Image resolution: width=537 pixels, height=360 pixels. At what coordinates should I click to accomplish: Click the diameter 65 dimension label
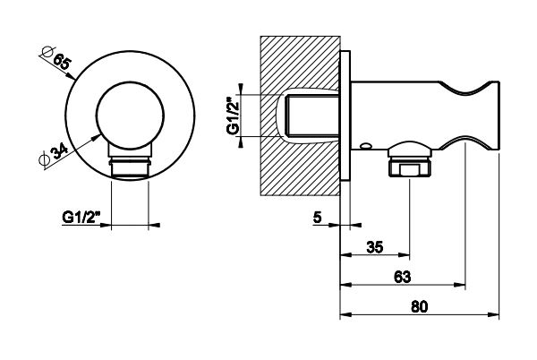click(x=61, y=64)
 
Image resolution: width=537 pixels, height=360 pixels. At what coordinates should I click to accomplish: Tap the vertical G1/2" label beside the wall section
click(x=234, y=115)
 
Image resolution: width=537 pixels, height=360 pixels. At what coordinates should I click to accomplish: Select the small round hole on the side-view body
click(x=365, y=145)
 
